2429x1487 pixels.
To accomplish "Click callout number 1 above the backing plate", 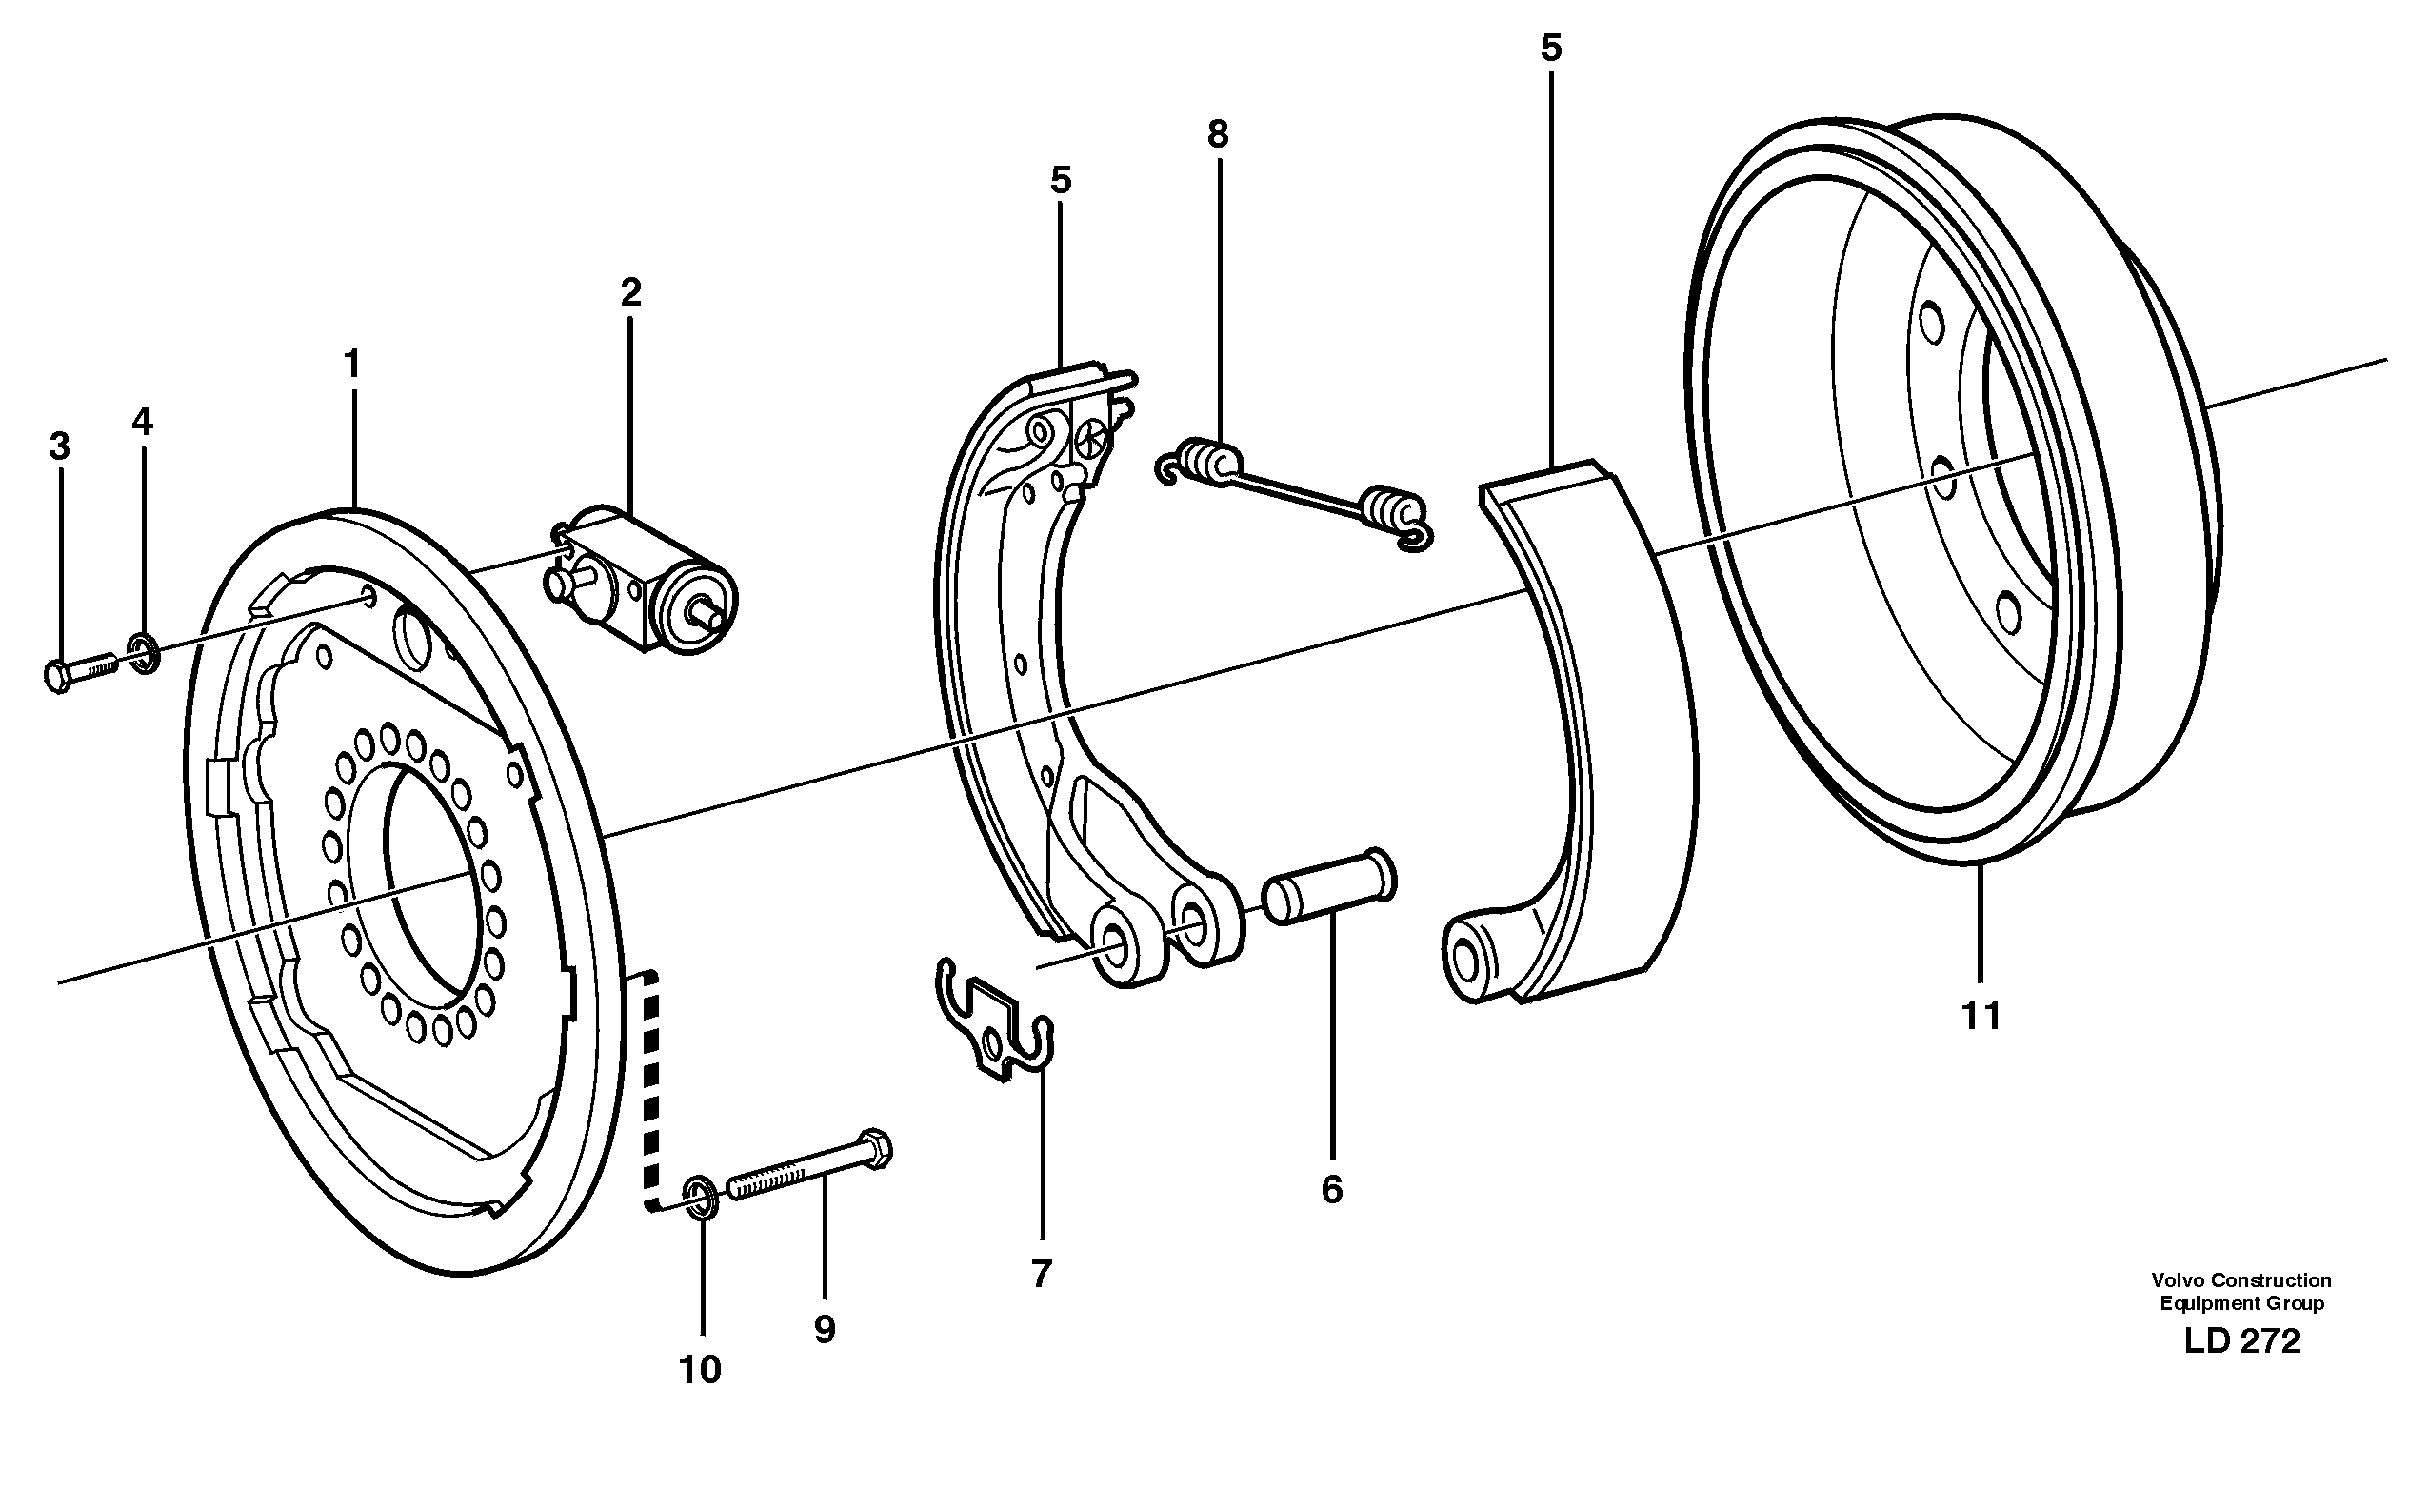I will click(x=352, y=366).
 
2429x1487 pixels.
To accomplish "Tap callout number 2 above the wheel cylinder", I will click(x=631, y=292).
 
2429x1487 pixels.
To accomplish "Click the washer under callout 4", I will click(x=144, y=654).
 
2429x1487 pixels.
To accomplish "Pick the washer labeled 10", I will click(x=701, y=1197).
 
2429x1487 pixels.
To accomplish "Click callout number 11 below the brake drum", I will click(x=1981, y=1016).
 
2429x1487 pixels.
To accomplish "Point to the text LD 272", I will click(x=2241, y=1341).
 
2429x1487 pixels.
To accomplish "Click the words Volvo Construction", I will click(x=2241, y=1281).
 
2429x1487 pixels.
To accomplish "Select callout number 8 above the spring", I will click(x=1219, y=135).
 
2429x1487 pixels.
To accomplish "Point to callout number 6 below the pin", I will click(x=1332, y=1190).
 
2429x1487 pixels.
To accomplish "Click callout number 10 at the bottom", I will click(x=700, y=1370).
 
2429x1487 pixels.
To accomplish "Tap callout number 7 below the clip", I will click(x=1042, y=1274).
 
